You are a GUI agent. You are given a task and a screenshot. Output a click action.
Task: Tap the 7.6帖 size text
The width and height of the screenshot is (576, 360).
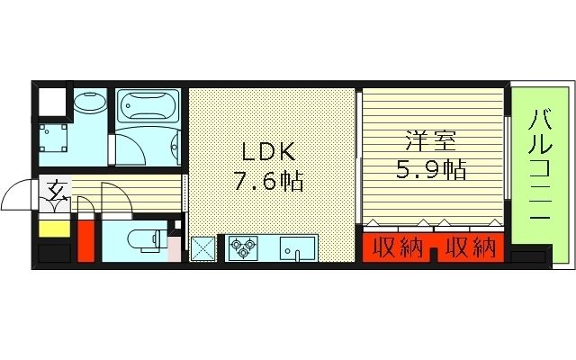tap(267, 183)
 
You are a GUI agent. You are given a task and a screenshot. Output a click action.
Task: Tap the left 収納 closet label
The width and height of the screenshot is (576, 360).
tap(396, 246)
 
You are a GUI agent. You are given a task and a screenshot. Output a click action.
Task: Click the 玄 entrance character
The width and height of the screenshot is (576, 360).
tap(57, 190)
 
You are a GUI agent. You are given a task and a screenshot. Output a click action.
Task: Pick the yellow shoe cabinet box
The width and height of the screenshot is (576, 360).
tap(53, 227)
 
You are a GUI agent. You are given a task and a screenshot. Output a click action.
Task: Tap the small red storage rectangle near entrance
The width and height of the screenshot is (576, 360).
tap(85, 238)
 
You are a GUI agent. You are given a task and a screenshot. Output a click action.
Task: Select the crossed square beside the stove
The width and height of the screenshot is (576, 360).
tap(203, 247)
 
